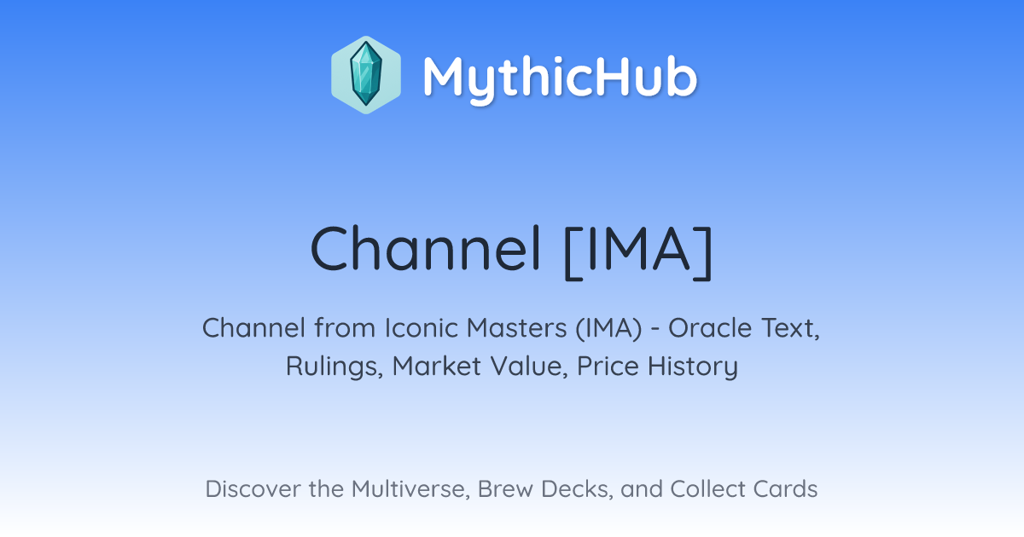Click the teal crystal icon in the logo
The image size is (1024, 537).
coord(366,74)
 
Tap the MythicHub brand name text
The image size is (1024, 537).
coord(560,78)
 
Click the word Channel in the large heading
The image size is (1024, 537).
coord(426,249)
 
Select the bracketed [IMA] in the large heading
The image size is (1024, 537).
coord(638,252)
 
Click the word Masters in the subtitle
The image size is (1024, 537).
coord(516,328)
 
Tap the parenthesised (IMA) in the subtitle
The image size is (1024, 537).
coord(609,329)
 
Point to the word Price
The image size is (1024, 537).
coord(608,366)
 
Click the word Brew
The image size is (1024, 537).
coord(505,489)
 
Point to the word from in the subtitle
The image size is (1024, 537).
coord(345,328)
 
